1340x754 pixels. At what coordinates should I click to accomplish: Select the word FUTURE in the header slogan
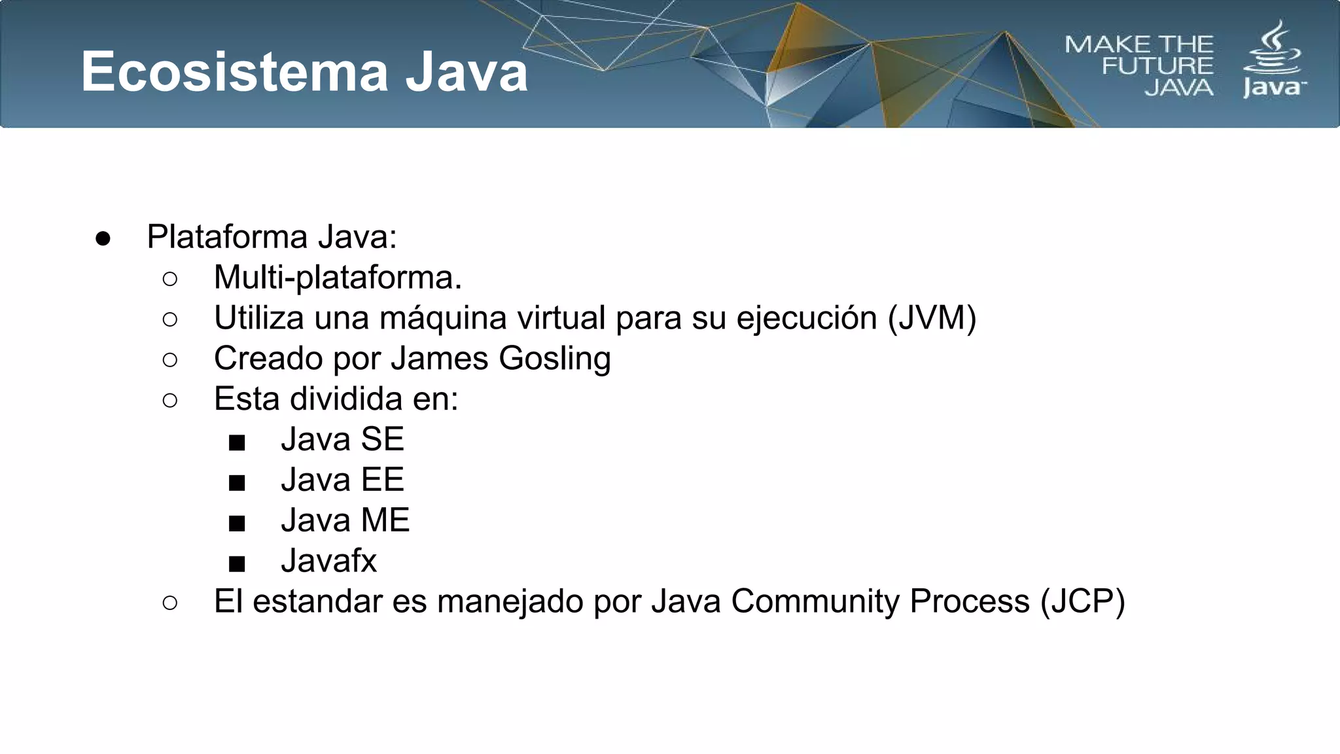(1157, 66)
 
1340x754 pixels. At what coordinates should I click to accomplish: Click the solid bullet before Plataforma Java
(103, 239)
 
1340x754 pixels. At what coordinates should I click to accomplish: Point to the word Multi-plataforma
(338, 278)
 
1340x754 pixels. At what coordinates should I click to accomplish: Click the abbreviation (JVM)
(932, 318)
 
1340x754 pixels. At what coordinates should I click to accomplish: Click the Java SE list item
(342, 439)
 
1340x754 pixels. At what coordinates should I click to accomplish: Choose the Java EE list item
(342, 480)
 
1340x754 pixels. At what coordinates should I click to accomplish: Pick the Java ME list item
(345, 520)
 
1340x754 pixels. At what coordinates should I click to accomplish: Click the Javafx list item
(328, 561)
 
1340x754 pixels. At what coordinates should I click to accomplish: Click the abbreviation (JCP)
(1083, 601)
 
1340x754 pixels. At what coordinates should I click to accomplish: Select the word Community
(815, 601)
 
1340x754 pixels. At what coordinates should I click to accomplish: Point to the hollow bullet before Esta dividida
(170, 401)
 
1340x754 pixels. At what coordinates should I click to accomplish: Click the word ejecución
(806, 319)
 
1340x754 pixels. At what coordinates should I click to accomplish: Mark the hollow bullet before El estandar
(170, 603)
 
